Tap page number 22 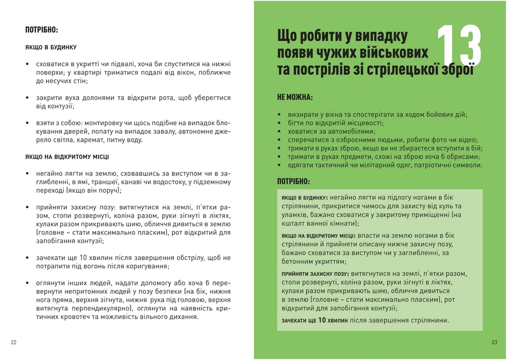click(14, 342)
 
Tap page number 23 click(494, 342)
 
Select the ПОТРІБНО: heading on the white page click(42, 30)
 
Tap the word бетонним click(297, 261)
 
